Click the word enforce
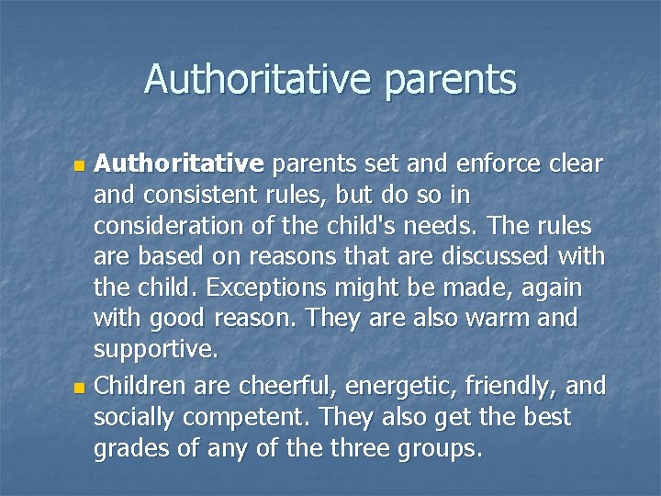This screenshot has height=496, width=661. click(491, 164)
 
